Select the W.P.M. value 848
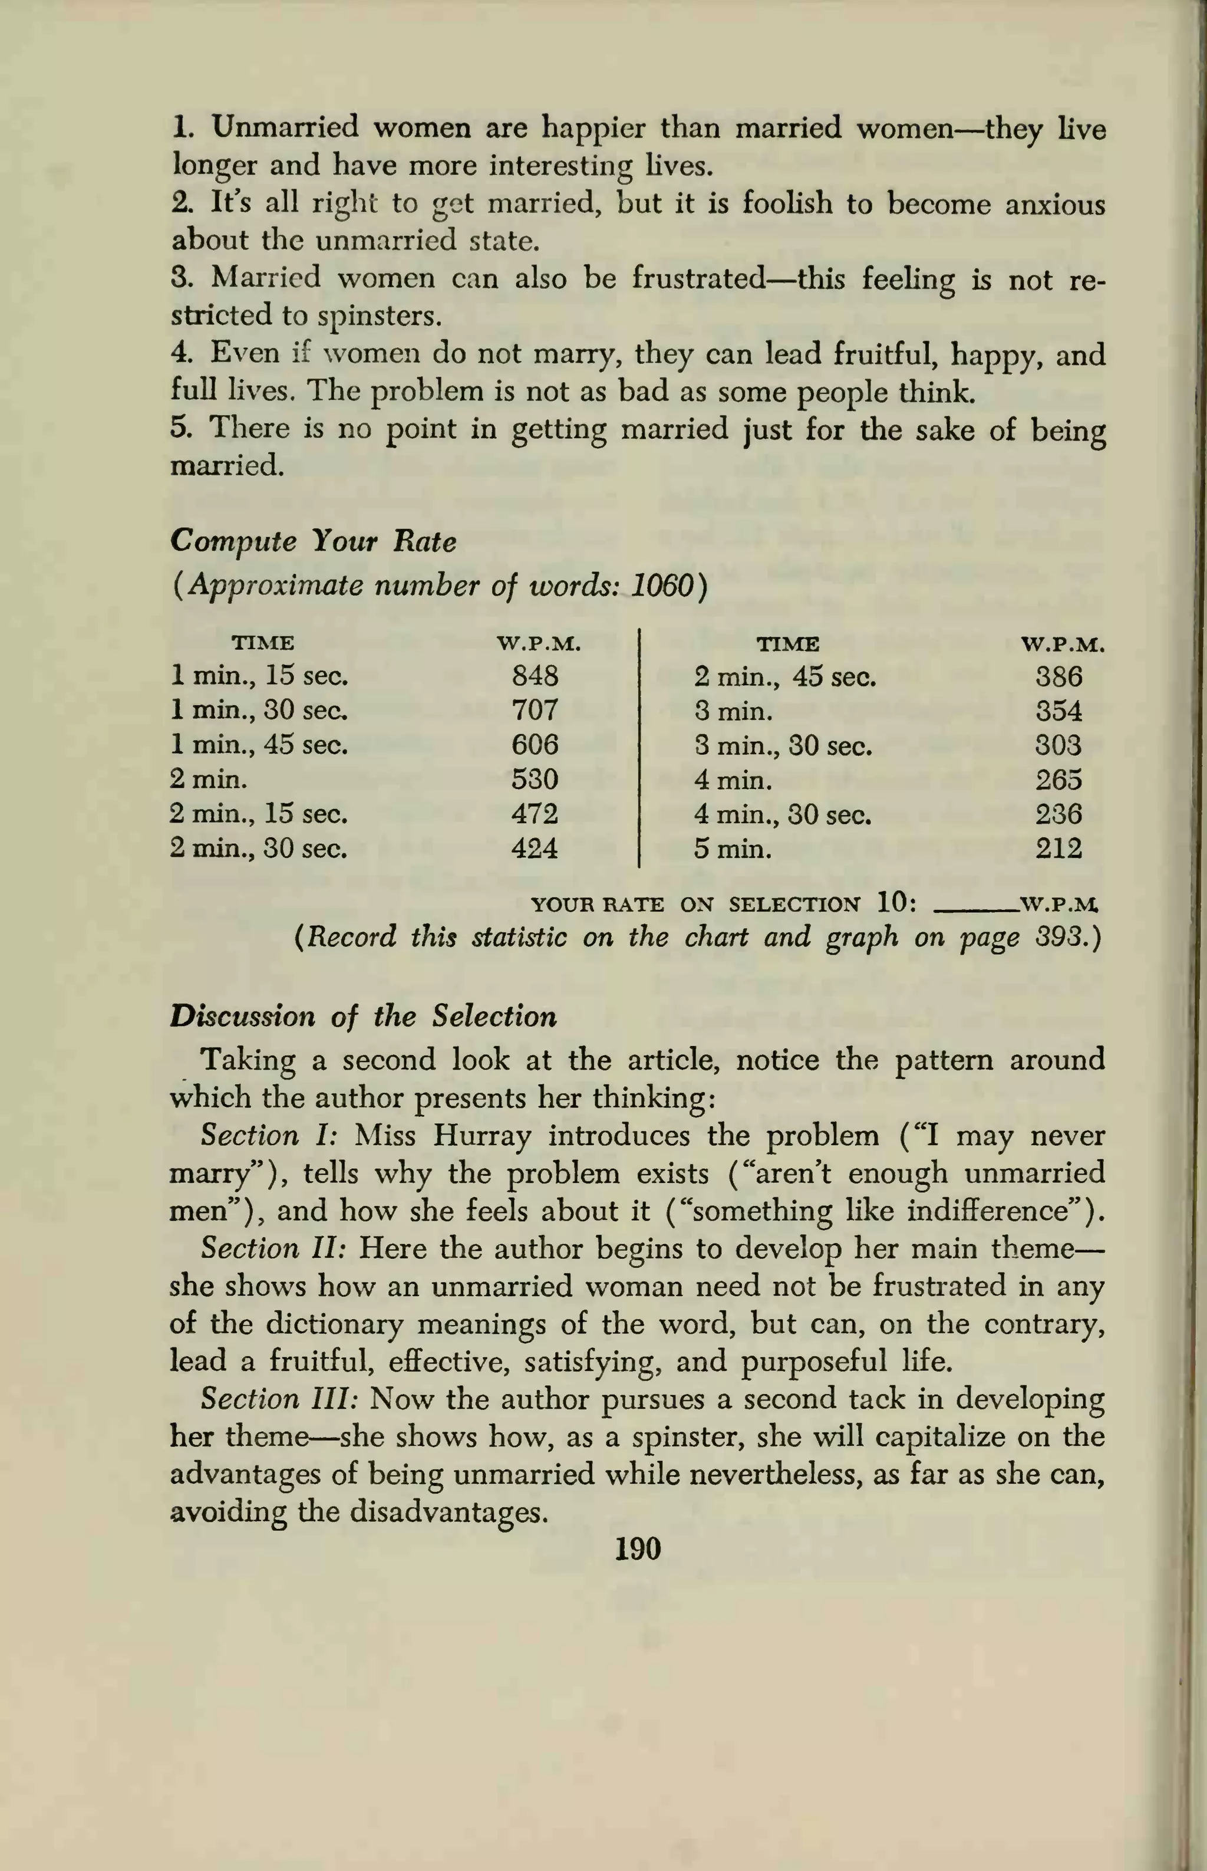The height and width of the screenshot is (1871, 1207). (x=535, y=675)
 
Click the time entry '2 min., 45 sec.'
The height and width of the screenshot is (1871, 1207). (x=784, y=676)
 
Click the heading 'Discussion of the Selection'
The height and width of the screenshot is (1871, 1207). (x=363, y=1016)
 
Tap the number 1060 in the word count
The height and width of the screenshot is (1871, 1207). (x=662, y=586)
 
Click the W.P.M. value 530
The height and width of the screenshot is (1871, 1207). (x=535, y=780)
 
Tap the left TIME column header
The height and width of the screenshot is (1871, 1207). (x=263, y=644)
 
